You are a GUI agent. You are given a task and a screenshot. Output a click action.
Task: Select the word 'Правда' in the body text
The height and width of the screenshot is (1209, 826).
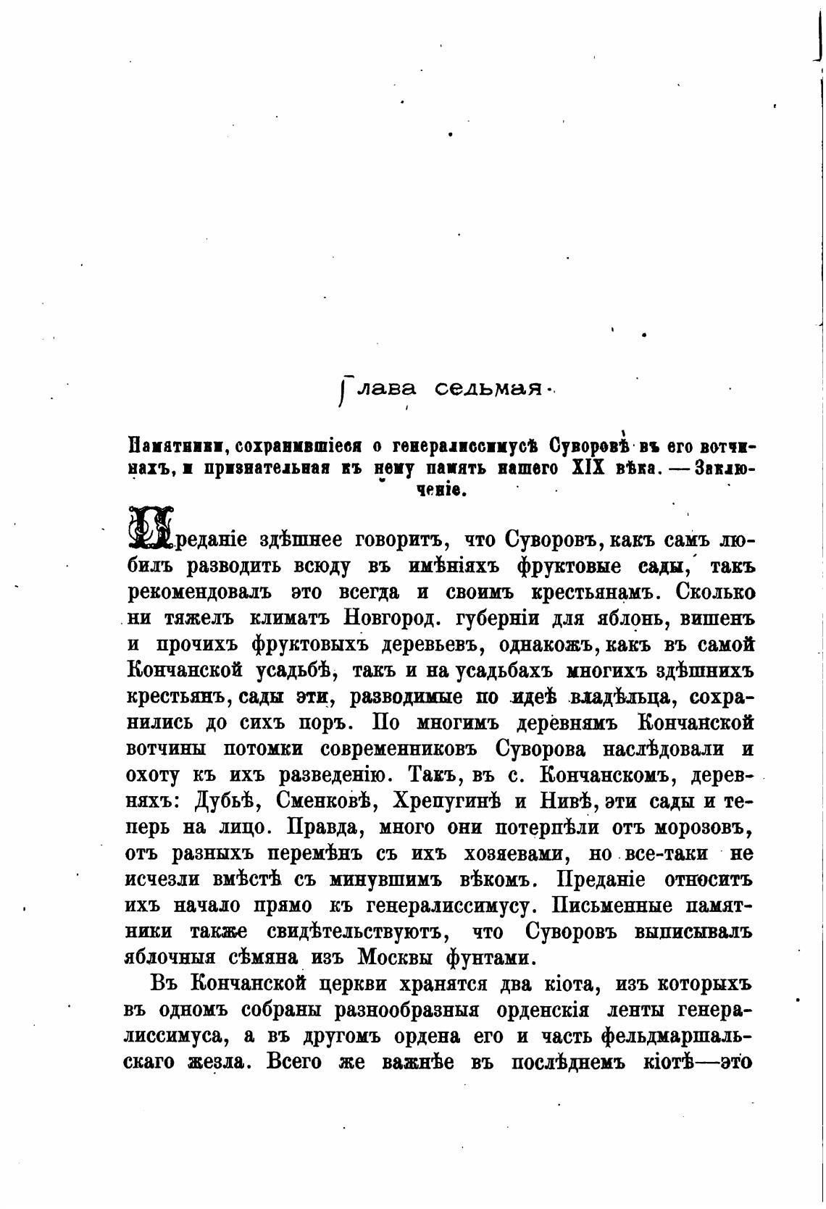point(320,827)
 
